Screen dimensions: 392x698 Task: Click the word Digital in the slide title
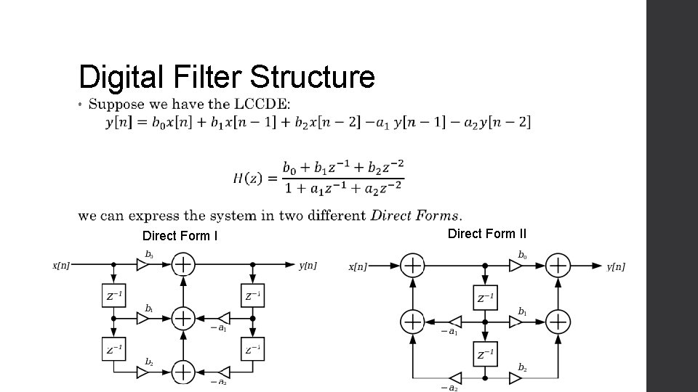point(120,77)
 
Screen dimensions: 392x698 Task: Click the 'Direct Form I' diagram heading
point(180,236)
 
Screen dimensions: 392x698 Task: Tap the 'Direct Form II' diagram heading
point(487,234)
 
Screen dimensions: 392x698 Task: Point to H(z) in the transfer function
point(247,177)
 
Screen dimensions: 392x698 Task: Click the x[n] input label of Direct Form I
point(62,266)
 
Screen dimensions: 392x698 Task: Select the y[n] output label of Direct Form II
point(615,266)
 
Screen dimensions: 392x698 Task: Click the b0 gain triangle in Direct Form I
point(143,266)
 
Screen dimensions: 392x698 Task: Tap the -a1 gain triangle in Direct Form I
point(225,318)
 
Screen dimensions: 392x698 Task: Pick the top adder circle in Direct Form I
point(183,266)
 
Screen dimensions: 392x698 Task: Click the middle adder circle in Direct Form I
point(183,318)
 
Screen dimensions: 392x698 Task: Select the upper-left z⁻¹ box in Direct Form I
point(114,296)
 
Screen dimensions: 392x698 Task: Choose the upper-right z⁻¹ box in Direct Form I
point(252,296)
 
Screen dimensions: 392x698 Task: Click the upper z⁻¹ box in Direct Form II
point(486,298)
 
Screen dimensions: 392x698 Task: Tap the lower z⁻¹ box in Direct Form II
point(486,354)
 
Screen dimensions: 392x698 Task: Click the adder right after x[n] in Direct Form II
point(413,266)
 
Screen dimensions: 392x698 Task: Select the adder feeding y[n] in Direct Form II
point(558,266)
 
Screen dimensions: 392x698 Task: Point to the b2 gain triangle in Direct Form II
point(516,377)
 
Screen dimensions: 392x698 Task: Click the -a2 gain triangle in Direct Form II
point(455,377)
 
